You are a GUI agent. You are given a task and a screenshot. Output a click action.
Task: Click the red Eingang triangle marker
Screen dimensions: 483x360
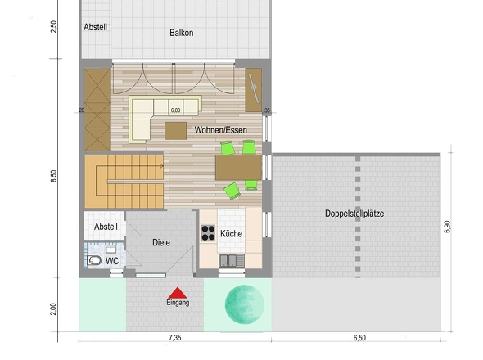178,293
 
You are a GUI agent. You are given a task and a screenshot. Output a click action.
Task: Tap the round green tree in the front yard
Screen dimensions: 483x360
245,304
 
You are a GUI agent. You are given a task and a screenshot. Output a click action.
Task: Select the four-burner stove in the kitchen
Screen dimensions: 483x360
208,233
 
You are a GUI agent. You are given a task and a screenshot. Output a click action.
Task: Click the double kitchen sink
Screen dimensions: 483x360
232,260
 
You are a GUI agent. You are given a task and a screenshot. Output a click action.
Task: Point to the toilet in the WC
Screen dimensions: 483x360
94,260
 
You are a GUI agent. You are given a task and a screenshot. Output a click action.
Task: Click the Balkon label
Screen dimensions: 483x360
182,33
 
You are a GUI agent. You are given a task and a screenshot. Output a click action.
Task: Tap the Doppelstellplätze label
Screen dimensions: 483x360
354,214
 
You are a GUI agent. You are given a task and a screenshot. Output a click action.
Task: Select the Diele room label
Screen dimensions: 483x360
161,243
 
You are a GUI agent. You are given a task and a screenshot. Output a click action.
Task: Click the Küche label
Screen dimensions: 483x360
231,234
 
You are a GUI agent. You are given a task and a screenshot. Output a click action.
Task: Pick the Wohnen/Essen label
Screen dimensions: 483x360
220,130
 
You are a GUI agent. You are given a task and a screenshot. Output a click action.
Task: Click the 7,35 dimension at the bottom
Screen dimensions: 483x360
175,338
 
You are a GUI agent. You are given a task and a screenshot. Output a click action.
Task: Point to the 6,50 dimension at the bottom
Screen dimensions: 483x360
359,338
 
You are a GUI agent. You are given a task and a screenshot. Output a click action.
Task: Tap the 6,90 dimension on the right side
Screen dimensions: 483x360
447,227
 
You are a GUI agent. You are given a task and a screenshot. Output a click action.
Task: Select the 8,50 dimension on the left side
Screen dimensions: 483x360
53,176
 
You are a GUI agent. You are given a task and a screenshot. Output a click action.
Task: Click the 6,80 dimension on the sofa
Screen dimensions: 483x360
175,110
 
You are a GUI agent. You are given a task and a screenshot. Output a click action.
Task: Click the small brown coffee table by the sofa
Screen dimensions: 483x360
175,131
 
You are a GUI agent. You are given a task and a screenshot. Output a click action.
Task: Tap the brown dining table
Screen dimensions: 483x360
238,167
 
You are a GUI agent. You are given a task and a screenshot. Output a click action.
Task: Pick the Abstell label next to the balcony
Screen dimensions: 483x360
96,27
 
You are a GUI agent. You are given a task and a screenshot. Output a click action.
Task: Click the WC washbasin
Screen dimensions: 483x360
111,249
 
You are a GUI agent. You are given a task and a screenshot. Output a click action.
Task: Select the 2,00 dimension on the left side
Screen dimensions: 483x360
53,309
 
